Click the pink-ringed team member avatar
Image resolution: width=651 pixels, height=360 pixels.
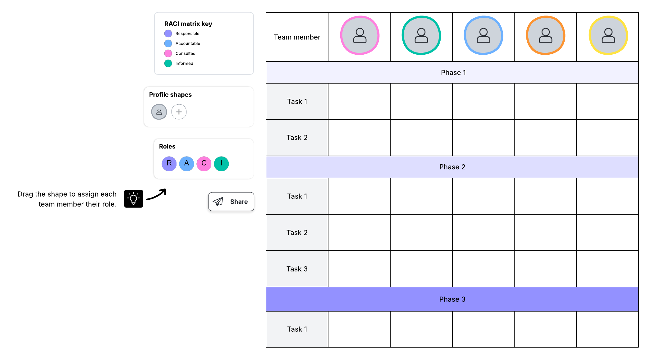pos(360,35)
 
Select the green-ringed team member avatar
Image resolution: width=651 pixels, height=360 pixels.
pos(421,35)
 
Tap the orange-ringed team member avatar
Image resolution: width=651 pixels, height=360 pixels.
pos(546,35)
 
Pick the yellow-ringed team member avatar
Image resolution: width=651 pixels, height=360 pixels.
pos(608,35)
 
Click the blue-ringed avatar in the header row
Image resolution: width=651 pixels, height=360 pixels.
pos(484,35)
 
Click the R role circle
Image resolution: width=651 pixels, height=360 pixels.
pos(169,163)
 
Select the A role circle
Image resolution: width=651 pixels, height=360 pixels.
pos(186,163)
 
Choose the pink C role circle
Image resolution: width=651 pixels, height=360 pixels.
pos(204,163)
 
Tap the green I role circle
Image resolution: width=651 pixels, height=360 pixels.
pos(221,163)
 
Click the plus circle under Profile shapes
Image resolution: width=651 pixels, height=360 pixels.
pos(179,112)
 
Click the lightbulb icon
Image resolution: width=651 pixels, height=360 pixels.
pos(134,199)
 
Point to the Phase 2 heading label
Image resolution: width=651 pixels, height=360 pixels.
pos(452,167)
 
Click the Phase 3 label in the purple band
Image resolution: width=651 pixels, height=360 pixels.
pos(452,299)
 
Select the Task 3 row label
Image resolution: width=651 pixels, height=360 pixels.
pos(297,269)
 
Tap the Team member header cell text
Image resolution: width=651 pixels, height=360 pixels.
pos(297,37)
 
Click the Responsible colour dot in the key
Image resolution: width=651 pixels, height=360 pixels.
pos(168,34)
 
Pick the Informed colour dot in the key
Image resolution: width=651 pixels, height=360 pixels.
pos(168,63)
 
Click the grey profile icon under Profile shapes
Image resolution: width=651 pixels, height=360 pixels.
pos(159,112)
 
